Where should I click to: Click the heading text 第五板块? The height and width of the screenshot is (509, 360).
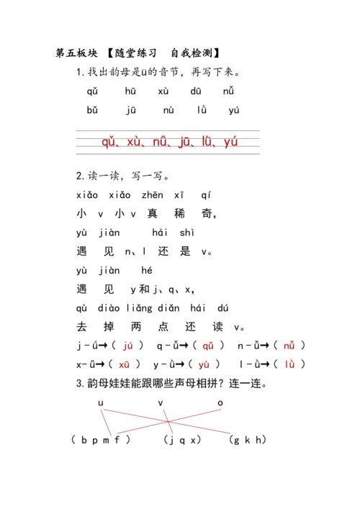pyautogui.click(x=75, y=53)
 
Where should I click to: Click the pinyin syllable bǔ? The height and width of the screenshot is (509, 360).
pyautogui.click(x=92, y=110)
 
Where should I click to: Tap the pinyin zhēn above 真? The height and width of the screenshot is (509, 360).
pyautogui.click(x=152, y=195)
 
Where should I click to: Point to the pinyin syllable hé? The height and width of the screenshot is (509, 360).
pyautogui.click(x=147, y=271)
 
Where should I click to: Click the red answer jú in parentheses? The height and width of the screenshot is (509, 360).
pyautogui.click(x=129, y=346)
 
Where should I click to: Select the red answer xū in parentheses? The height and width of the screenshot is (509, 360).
pyautogui.click(x=124, y=364)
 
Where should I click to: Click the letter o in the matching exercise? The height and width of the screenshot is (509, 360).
pyautogui.click(x=220, y=403)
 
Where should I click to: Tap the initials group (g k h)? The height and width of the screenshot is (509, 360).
pyautogui.click(x=246, y=439)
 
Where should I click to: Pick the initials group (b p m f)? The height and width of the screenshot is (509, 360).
pyautogui.click(x=101, y=439)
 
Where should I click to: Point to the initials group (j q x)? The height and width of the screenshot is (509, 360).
pyautogui.click(x=181, y=439)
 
